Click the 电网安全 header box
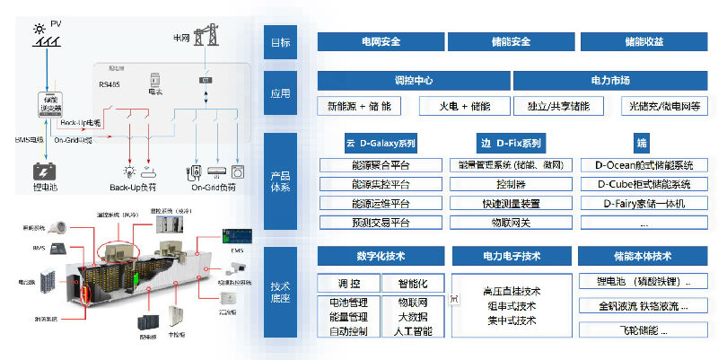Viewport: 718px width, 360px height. pos(380,41)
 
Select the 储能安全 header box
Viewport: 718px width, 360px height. pos(512,41)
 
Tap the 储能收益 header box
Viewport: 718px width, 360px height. pos(644,41)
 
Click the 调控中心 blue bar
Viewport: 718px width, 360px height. pos(414,81)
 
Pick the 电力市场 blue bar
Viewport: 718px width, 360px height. pos(611,81)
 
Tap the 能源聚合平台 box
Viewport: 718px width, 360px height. pos(381,165)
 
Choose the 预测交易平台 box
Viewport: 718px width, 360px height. pos(381,223)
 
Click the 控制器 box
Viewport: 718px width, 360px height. pos(511,184)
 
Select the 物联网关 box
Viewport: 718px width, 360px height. pos(511,223)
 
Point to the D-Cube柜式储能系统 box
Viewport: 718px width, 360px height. pos(644,184)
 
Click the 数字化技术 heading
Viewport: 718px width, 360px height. pos(381,256)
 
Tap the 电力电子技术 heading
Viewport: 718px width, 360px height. pos(511,256)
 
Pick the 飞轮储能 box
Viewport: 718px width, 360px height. pos(644,330)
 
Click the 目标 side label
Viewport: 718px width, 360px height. pos(280,42)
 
